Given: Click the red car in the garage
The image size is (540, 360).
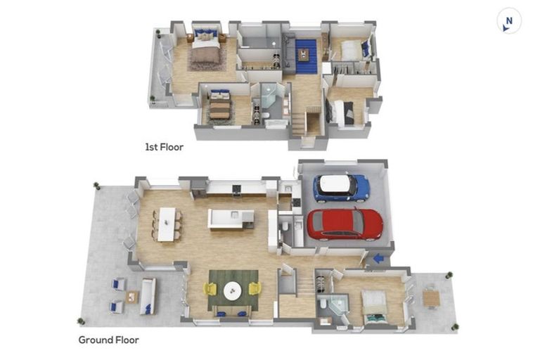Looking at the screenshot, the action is point(345,224).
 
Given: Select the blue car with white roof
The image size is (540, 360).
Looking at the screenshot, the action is point(341,188).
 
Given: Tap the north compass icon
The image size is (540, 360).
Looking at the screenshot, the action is point(508,20).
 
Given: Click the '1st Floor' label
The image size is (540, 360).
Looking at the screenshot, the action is point(164,147).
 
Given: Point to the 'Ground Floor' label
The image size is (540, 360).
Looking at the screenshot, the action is point(109,340).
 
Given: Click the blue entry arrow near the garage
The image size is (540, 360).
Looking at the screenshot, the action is point(379,258).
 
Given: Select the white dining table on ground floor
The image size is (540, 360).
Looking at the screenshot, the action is point(167,224).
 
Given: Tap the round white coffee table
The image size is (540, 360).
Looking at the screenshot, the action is point(233,291).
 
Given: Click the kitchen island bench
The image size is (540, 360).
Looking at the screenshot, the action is point(231,219).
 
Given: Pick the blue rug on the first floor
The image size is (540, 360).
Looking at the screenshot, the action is point(306,56).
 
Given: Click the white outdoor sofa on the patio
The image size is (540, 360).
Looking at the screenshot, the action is point(148,296).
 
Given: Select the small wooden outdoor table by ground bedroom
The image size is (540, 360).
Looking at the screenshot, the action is point(431,298).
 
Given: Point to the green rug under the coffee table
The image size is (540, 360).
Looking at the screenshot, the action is point(233,290).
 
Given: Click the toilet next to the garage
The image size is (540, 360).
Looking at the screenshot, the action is point(285,226).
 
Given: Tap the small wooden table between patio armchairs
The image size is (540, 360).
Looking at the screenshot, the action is point(132,297).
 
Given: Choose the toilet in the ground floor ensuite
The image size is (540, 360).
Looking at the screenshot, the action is point(323,303).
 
